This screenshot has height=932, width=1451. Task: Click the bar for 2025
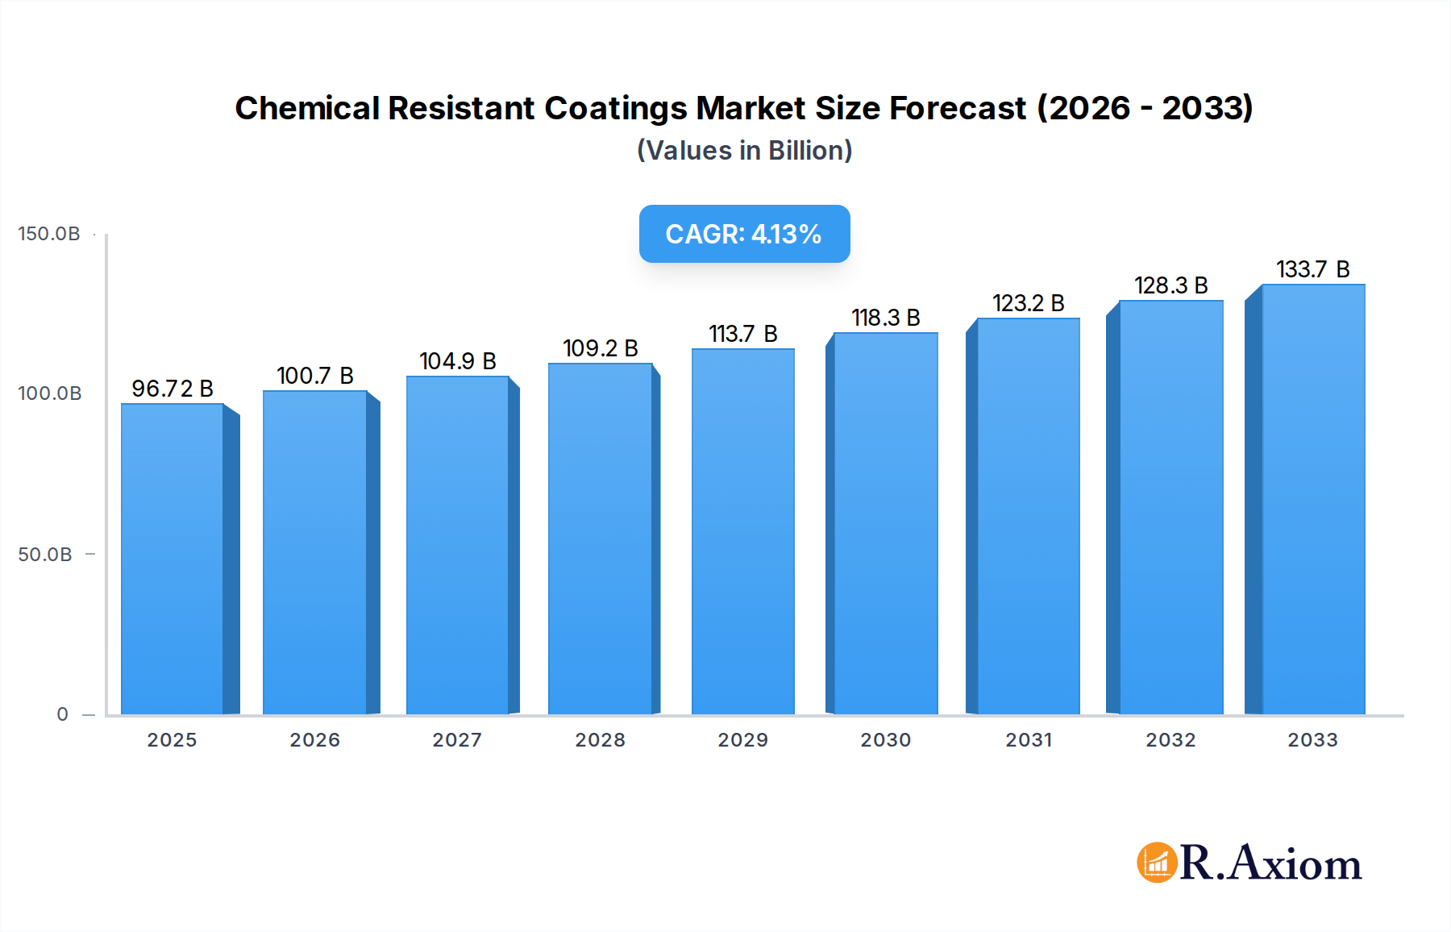click(x=173, y=559)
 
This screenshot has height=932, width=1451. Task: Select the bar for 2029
click(x=742, y=532)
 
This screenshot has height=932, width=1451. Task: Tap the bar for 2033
click(x=1313, y=500)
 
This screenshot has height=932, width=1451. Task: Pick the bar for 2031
click(x=1028, y=516)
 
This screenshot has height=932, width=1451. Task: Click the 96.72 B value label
click(x=173, y=389)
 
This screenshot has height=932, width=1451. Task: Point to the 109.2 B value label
click(x=601, y=348)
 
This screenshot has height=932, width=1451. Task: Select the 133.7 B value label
click(x=1312, y=269)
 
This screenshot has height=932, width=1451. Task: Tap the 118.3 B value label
click(x=886, y=318)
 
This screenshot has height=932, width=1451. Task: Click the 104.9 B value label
click(x=458, y=361)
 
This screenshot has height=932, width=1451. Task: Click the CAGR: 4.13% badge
click(x=744, y=234)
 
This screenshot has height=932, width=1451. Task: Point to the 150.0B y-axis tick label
click(x=49, y=234)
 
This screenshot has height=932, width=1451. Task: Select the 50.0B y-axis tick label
click(x=45, y=555)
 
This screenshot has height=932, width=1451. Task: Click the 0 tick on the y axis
click(x=63, y=714)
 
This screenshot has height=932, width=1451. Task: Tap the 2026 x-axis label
click(x=315, y=740)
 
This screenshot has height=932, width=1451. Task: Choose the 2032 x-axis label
click(x=1170, y=740)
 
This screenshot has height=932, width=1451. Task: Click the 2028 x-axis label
click(x=601, y=740)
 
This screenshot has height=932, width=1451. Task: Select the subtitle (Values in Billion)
click(x=744, y=151)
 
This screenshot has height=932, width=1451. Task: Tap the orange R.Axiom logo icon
click(x=1157, y=863)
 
